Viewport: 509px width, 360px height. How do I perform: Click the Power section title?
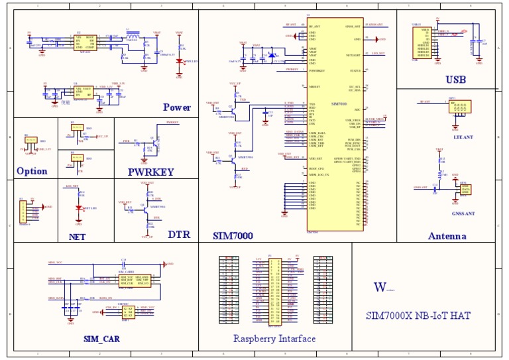(x=177, y=107)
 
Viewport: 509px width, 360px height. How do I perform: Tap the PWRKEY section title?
(x=150, y=171)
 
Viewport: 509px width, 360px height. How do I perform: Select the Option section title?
(x=32, y=171)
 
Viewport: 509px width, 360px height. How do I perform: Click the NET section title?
(x=77, y=236)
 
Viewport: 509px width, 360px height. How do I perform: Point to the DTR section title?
(x=179, y=235)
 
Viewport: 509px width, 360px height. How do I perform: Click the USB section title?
(x=455, y=80)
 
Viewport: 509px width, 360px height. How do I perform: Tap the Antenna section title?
(x=447, y=236)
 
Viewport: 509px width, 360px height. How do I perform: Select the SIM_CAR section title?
(x=102, y=339)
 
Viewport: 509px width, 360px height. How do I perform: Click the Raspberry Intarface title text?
(x=274, y=339)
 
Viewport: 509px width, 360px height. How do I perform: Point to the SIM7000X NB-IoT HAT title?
(x=418, y=316)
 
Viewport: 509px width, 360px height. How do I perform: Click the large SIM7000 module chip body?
(x=335, y=123)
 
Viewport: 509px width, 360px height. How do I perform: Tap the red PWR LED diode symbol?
(x=179, y=61)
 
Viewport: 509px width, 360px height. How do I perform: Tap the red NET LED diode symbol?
(x=79, y=208)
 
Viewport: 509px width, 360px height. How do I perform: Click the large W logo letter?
(x=380, y=287)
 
